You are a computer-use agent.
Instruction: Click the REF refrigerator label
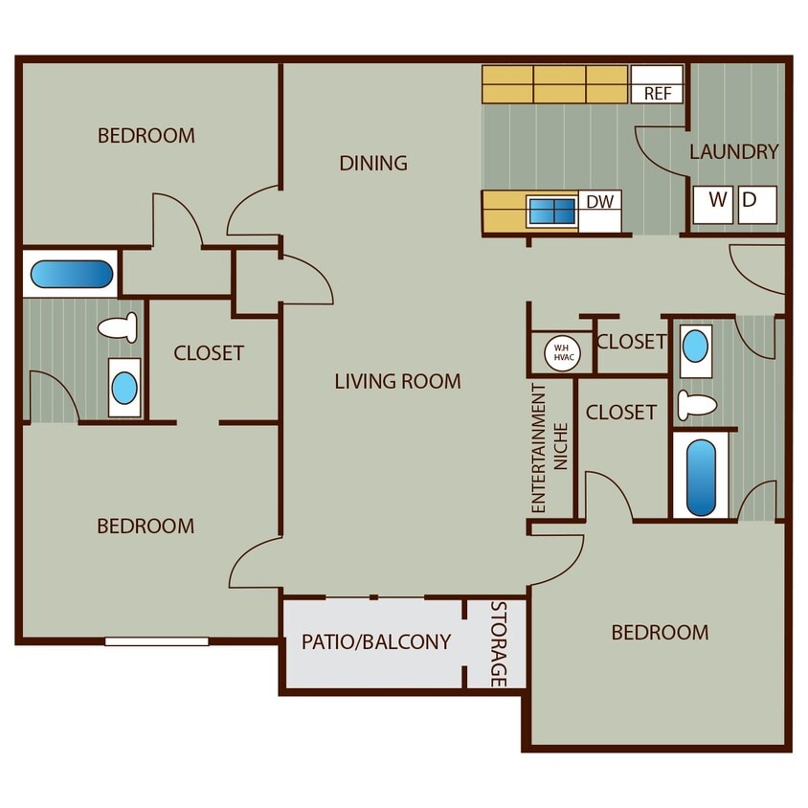tap(657, 94)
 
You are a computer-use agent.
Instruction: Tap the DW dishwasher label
tap(599, 201)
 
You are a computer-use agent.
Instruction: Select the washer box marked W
tap(716, 202)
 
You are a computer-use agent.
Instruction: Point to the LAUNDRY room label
tap(733, 151)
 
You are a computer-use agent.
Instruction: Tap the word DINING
tap(373, 163)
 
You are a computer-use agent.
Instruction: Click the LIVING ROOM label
tap(397, 381)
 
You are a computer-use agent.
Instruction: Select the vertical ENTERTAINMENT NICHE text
tap(550, 448)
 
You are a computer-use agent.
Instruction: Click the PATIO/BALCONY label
tap(375, 641)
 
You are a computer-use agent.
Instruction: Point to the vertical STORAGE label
tap(498, 643)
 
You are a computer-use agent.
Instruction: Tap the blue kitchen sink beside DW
tap(552, 212)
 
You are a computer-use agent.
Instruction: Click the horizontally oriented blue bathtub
tap(71, 275)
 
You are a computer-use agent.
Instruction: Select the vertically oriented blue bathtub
tap(701, 476)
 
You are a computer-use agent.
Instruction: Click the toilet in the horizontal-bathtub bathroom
tap(120, 328)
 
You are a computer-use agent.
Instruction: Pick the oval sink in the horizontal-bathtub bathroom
tap(124, 388)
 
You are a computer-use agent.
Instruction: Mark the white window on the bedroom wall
tap(156, 640)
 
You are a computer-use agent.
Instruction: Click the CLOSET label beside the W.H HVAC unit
tap(631, 342)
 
